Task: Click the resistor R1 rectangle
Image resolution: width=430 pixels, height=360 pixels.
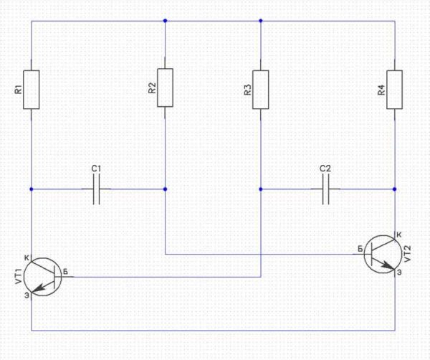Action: tap(32, 90)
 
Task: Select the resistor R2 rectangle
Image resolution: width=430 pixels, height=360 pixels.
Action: tap(165, 87)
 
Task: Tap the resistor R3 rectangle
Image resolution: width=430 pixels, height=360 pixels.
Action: tap(261, 90)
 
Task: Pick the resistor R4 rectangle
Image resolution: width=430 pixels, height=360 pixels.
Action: tap(395, 90)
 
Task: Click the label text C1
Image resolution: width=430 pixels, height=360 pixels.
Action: tap(96, 169)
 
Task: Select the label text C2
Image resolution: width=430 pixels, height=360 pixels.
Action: tap(325, 169)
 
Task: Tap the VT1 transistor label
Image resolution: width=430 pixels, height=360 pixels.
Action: tap(18, 276)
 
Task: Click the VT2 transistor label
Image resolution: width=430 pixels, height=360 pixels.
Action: tap(408, 253)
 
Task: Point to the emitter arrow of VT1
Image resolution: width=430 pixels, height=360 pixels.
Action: tap(39, 288)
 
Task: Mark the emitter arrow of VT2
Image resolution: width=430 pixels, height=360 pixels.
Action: tap(388, 265)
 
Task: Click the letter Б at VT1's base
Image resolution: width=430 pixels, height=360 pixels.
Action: tap(65, 272)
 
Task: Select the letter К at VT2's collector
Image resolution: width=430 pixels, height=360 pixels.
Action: tap(399, 235)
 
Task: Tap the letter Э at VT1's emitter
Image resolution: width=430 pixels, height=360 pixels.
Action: tap(27, 295)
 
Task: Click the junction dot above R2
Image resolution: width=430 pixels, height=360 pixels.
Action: tap(165, 21)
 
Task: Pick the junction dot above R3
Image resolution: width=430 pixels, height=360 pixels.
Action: tap(261, 21)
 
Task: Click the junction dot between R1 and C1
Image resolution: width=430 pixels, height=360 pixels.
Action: tap(32, 189)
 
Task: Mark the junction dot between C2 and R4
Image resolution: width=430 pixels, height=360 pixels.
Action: tap(395, 189)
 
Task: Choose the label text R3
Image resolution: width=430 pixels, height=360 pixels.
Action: tap(248, 90)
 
